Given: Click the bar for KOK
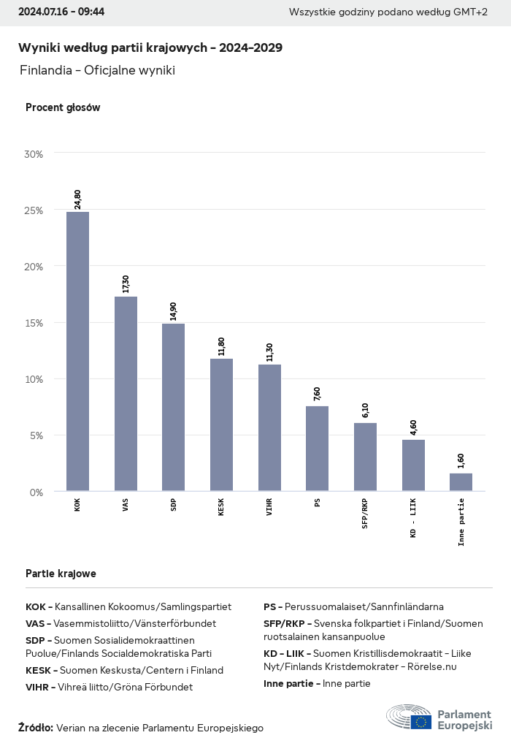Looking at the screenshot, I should [x=77, y=351].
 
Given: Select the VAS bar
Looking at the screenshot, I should [x=126, y=394].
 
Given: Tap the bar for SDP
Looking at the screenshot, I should [x=173, y=407].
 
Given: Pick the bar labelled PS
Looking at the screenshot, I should [x=317, y=449].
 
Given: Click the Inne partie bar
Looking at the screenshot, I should [x=461, y=482].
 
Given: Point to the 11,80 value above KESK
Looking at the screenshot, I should [x=222, y=346].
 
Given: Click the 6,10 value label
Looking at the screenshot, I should [x=366, y=410].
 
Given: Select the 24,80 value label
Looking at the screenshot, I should [x=78, y=199].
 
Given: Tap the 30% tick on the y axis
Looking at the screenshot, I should [x=34, y=154].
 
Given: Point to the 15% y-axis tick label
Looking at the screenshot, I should [x=34, y=323].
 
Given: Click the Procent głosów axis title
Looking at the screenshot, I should [x=63, y=107].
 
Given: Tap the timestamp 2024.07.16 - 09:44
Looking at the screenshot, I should [x=62, y=12].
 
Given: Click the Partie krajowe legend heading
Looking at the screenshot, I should [x=61, y=574].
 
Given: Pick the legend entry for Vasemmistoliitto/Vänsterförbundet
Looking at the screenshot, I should [x=120, y=624].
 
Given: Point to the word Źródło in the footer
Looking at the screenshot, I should [x=36, y=728].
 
